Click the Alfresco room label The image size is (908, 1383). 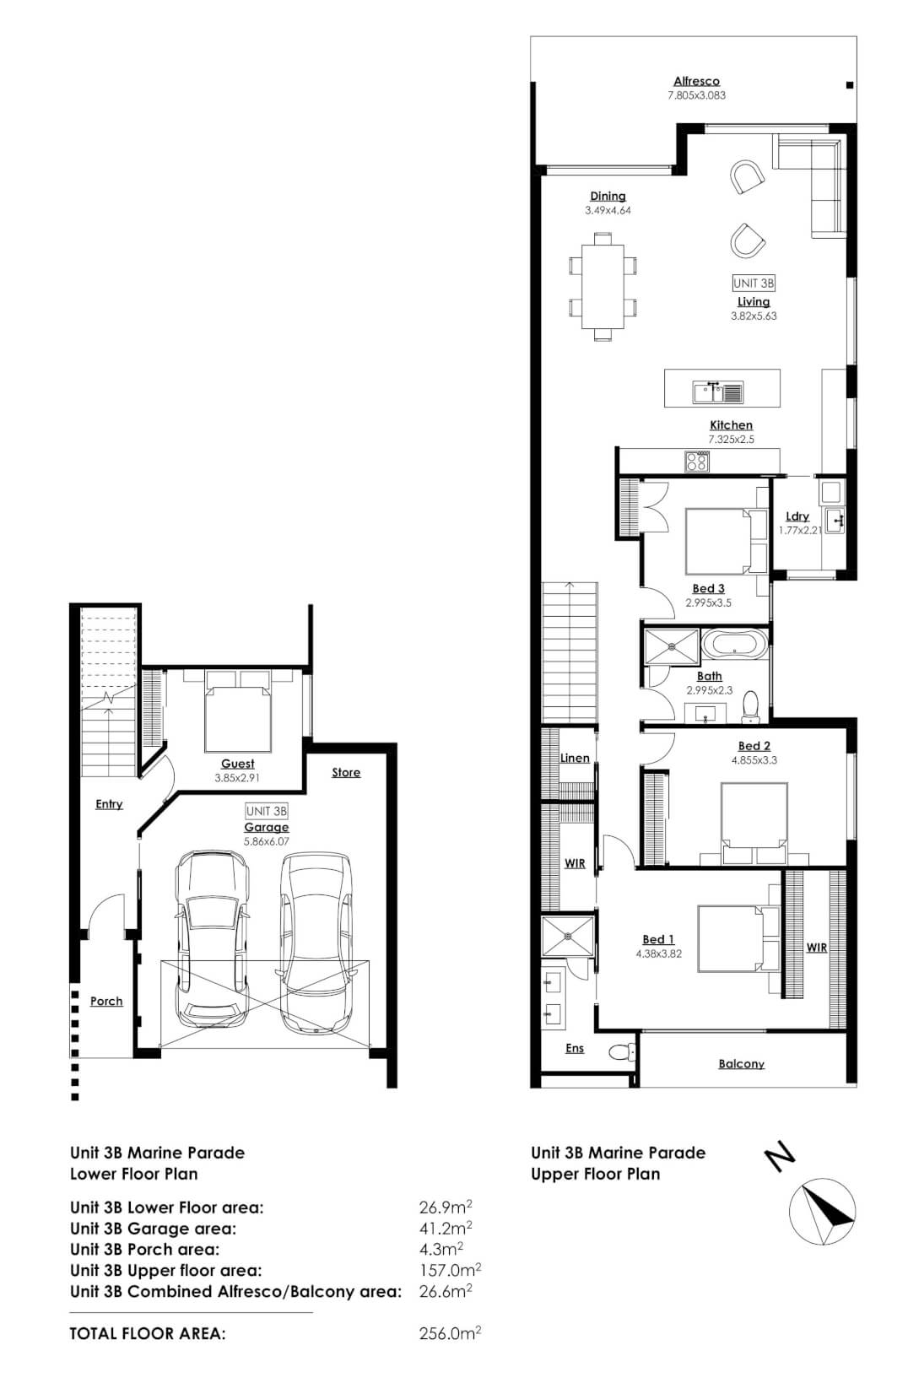tap(696, 81)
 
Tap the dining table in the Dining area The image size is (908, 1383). tap(603, 287)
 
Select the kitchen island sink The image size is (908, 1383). tap(718, 392)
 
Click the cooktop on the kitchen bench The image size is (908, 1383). tap(697, 461)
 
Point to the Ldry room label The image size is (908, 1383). tap(797, 516)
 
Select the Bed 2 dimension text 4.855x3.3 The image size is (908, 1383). tap(754, 759)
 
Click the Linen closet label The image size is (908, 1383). tap(575, 758)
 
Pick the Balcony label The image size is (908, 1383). tap(741, 1063)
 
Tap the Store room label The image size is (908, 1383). tap(346, 772)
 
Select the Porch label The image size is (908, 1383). tap(106, 1001)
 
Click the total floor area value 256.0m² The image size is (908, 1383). tap(450, 1333)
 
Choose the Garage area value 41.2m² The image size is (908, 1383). tap(445, 1228)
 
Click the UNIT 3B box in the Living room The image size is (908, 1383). tap(753, 284)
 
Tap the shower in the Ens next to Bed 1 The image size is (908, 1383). tap(568, 935)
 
